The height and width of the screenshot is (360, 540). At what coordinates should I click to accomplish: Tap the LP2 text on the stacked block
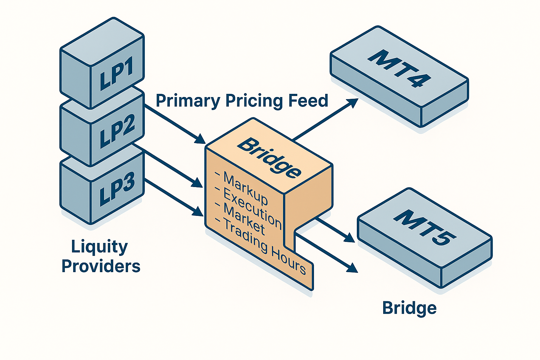tap(117, 132)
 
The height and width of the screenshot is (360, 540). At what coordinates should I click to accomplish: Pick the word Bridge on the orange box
tap(269, 157)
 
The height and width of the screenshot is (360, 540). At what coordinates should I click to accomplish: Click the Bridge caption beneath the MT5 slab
tap(409, 308)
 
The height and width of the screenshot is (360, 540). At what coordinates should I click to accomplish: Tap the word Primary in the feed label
tap(188, 101)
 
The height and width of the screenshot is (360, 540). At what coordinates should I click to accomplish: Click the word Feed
tap(308, 101)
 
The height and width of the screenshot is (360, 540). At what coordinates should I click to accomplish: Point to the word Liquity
tap(99, 247)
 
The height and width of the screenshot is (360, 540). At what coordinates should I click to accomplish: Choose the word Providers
tap(101, 266)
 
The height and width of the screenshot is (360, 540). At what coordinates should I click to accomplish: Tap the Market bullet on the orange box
tap(244, 219)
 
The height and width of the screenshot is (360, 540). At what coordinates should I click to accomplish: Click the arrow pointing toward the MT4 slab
tap(325, 119)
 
